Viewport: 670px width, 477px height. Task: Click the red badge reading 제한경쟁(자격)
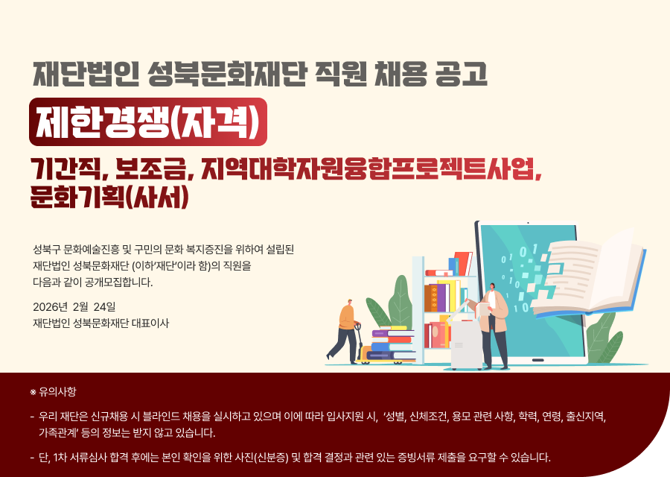coord(148,122)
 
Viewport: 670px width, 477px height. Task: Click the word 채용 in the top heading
coord(400,74)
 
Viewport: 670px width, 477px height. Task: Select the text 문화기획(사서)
coord(109,197)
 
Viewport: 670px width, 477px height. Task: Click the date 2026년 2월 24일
coord(74,307)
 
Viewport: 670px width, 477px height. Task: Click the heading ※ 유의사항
coord(53,391)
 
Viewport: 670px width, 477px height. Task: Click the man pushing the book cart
coord(345,331)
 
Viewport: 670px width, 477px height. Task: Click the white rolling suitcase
coord(466,345)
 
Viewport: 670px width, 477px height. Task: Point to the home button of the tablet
coord(537,360)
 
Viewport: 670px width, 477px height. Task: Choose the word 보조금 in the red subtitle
coord(151,169)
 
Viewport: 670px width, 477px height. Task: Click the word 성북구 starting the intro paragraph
coord(47,250)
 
